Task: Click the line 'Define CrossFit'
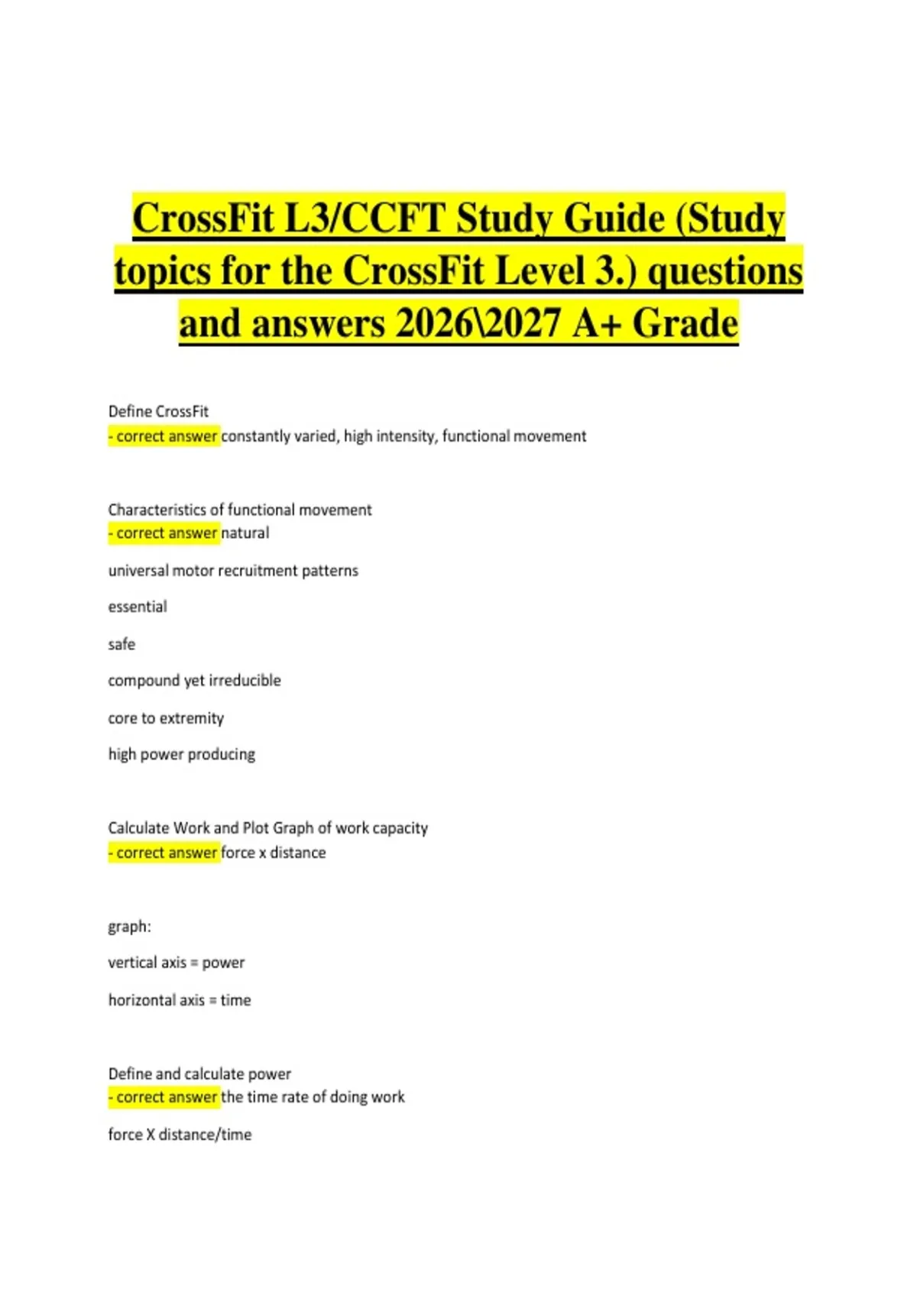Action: tap(158, 411)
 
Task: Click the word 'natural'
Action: tap(245, 533)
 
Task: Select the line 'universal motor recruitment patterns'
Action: tap(233, 570)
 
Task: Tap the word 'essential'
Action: tap(138, 607)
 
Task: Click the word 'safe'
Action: tap(122, 644)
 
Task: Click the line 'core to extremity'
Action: tap(166, 718)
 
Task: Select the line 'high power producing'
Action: tap(182, 754)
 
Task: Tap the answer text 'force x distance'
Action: tap(274, 852)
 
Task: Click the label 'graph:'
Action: tap(130, 926)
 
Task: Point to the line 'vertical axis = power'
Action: tap(177, 963)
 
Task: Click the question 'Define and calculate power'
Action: tap(199, 1074)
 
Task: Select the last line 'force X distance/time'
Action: tap(180, 1135)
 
